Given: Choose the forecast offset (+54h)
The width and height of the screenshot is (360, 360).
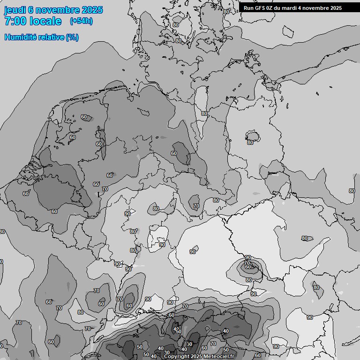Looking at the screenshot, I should click(x=81, y=21).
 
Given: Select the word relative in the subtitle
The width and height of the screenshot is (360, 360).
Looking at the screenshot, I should click(x=52, y=37).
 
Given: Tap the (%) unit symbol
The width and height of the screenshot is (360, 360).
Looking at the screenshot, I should click(x=72, y=37).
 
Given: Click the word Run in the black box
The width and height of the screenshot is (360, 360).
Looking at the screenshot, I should click(x=249, y=8).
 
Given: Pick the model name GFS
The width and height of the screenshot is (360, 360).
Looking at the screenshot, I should click(x=261, y=8).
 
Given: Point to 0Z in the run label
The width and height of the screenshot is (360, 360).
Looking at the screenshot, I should click(x=272, y=8).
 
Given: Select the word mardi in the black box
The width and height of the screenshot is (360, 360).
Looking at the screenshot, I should click(x=295, y=8).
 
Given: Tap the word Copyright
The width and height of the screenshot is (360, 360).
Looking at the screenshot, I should click(x=177, y=357).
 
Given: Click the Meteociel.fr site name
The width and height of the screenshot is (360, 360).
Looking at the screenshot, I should click(x=222, y=357).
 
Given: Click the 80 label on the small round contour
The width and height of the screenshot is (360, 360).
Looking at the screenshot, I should click(x=250, y=142).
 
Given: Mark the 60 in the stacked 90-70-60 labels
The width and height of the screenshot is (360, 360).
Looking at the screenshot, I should click(x=247, y=268).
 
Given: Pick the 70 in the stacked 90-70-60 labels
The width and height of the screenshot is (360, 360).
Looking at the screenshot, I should click(x=247, y=263).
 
